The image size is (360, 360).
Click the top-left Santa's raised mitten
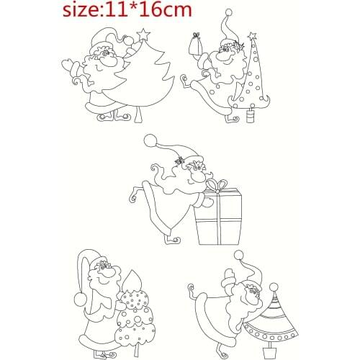coord(71,66)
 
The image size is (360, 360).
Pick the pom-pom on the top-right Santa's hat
coord(228,12)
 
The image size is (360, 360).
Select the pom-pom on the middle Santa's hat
coord(150,139)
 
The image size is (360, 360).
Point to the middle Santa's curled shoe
coord(171,239)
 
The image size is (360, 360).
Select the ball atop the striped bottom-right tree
coord(274,287)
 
